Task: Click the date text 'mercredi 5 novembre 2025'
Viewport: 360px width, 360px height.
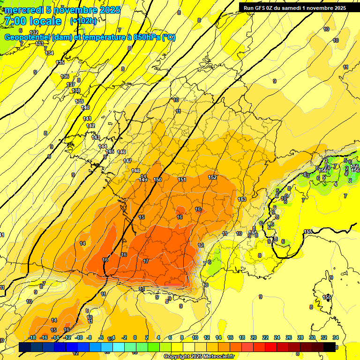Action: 62,10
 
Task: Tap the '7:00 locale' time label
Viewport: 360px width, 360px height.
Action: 32,21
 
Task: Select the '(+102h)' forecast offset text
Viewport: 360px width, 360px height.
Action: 83,21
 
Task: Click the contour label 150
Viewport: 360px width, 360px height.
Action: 157,180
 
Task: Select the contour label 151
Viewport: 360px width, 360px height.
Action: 182,180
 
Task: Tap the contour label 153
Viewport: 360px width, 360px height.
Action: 242,199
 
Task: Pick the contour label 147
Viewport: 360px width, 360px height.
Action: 127,161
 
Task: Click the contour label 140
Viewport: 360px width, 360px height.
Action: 85,107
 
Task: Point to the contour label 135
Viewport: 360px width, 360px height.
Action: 60,62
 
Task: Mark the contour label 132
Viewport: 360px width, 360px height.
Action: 34,32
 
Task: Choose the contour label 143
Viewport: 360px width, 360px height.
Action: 96,137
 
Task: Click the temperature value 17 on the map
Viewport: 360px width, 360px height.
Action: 146,261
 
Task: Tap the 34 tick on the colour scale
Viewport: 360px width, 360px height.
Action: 335,337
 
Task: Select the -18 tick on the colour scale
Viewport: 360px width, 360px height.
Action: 32,337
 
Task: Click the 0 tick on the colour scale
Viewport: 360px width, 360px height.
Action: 135,337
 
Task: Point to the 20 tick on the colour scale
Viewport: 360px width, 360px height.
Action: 253,337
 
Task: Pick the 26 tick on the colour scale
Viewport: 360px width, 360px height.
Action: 288,337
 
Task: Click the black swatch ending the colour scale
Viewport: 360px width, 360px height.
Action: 329,347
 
